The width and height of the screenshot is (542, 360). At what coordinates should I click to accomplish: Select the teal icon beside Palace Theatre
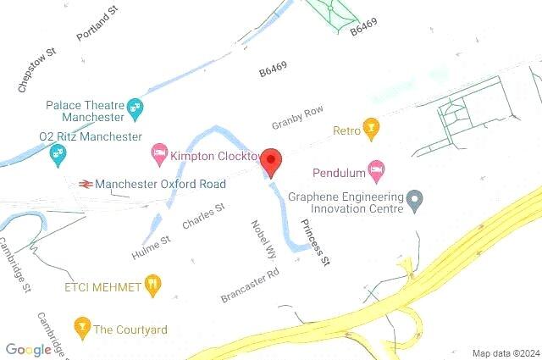click(135, 107)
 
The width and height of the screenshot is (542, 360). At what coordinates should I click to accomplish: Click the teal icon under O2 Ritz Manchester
click(58, 154)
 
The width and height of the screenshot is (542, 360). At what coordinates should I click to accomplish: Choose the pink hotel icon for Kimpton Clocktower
click(158, 155)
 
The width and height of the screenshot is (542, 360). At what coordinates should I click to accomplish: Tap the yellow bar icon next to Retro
click(369, 130)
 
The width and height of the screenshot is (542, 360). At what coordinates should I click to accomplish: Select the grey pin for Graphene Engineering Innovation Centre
click(414, 201)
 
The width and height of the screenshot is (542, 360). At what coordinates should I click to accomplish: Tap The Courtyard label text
click(130, 330)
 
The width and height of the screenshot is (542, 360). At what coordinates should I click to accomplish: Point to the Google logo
click(28, 350)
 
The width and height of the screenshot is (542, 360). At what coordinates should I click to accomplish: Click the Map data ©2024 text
click(505, 353)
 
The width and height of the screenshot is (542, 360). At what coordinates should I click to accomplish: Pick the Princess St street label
click(314, 243)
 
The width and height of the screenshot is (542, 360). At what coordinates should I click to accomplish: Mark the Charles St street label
click(204, 217)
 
